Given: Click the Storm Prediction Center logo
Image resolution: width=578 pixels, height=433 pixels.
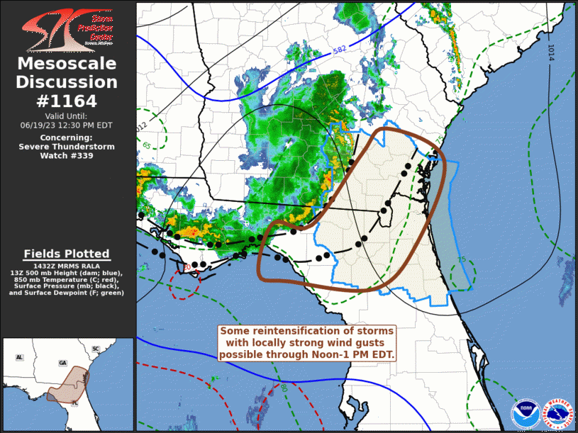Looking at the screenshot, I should click(67, 29).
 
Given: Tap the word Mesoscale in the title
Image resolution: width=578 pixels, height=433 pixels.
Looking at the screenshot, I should click(67, 64).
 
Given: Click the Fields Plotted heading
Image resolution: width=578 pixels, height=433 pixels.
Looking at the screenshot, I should click(67, 254).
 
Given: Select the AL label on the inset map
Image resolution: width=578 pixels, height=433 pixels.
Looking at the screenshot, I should click(19, 357).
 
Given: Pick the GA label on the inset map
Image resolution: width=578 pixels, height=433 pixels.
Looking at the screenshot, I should click(62, 362).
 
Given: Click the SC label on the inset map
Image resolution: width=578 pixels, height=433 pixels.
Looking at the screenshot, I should click(95, 349).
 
